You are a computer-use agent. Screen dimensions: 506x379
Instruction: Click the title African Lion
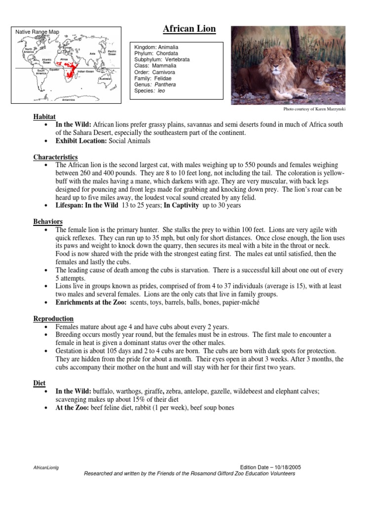pos(189,29)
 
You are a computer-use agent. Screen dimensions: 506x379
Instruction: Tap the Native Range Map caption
pos(38,32)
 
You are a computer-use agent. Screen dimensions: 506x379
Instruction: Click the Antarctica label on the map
pos(69,99)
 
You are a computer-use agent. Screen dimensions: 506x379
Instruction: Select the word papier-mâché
pos(242,302)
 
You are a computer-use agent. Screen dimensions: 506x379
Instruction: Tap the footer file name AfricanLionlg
pos(46,467)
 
